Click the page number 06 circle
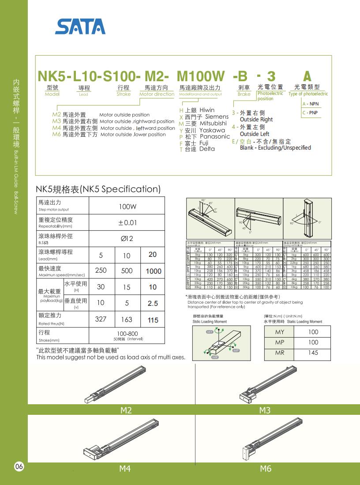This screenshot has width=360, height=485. (19, 467)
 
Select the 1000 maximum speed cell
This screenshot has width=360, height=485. (153, 271)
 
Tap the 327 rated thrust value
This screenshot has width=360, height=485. (101, 319)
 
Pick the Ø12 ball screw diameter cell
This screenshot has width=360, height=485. (127, 238)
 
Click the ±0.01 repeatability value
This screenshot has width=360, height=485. (127, 223)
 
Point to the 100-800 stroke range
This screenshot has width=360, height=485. (127, 334)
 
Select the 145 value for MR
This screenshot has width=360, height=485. (313, 353)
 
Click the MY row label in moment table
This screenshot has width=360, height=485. (280, 332)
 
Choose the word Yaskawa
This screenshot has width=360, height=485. (212, 130)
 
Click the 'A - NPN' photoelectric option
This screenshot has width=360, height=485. (311, 104)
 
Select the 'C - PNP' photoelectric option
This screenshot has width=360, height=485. (311, 113)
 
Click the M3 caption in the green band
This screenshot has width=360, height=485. (265, 410)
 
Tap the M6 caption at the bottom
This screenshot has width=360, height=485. (266, 469)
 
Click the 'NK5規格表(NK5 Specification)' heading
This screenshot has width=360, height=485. (98, 189)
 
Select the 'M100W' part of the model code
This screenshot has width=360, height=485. (201, 76)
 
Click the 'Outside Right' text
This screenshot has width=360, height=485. (256, 120)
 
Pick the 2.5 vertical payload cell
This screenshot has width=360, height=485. (153, 304)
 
